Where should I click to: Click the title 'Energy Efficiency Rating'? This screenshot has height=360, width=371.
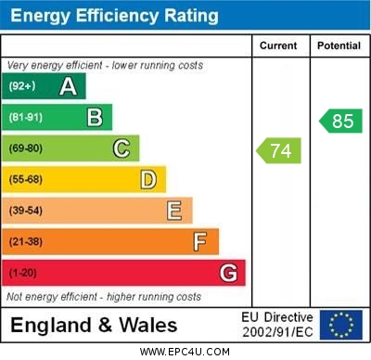114,16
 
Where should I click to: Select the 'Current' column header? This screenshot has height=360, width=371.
278,45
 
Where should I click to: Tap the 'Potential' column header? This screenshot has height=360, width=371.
338,45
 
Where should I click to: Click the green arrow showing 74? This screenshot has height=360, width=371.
279,150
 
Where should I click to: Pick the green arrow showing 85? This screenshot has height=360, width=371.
340,121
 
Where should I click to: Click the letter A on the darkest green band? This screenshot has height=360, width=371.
68,87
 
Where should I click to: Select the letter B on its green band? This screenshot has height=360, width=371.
95,117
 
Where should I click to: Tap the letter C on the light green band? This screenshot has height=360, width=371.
122,148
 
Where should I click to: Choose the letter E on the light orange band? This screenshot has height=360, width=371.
174,211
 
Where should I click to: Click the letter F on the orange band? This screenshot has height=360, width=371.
200,242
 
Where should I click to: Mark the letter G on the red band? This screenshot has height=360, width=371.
228,273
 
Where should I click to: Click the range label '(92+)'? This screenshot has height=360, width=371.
22,87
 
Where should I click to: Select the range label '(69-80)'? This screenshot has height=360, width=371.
26,148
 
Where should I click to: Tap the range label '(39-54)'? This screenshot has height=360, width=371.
26,211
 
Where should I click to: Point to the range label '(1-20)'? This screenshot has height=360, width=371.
23,274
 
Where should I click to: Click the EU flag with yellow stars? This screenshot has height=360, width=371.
340,325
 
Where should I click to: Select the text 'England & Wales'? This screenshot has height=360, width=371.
94,326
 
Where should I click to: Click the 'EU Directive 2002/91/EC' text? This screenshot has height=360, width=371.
277,325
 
